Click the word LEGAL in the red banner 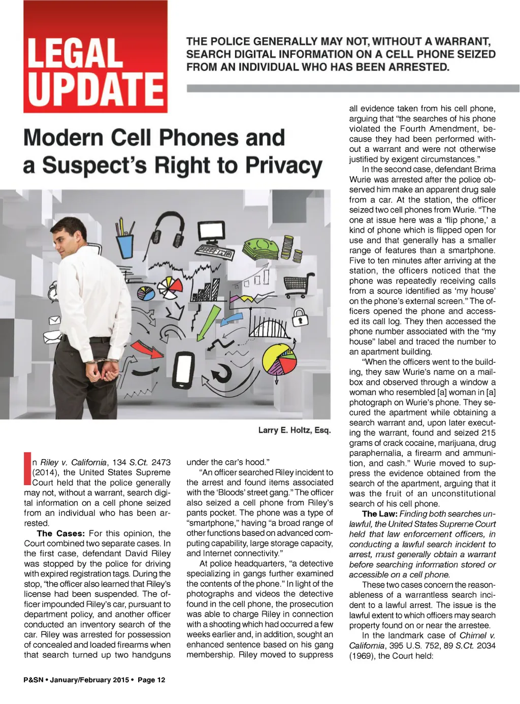click(x=75, y=53)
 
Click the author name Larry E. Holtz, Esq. click(x=294, y=430)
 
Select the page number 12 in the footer click(x=160, y=680)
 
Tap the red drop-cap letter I click(x=27, y=468)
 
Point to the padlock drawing click(x=300, y=317)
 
